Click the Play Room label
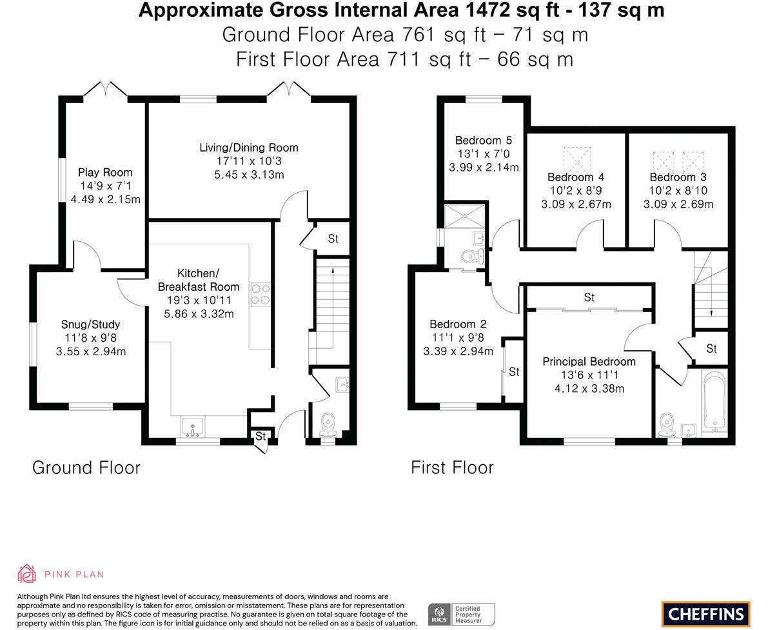(x=105, y=172)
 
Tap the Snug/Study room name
(x=91, y=324)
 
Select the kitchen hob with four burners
(x=260, y=294)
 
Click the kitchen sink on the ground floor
(x=193, y=427)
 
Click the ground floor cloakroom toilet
(x=327, y=425)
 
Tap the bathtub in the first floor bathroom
(x=714, y=400)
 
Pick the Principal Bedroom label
(x=589, y=362)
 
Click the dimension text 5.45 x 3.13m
(x=249, y=174)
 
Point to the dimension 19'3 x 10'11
(x=199, y=300)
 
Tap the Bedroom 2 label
(x=458, y=324)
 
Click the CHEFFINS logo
(x=706, y=614)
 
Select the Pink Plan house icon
(x=27, y=574)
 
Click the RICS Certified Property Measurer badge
(x=462, y=615)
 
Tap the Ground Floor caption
(x=86, y=468)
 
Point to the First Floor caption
(x=452, y=468)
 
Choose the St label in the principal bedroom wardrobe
(x=589, y=297)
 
